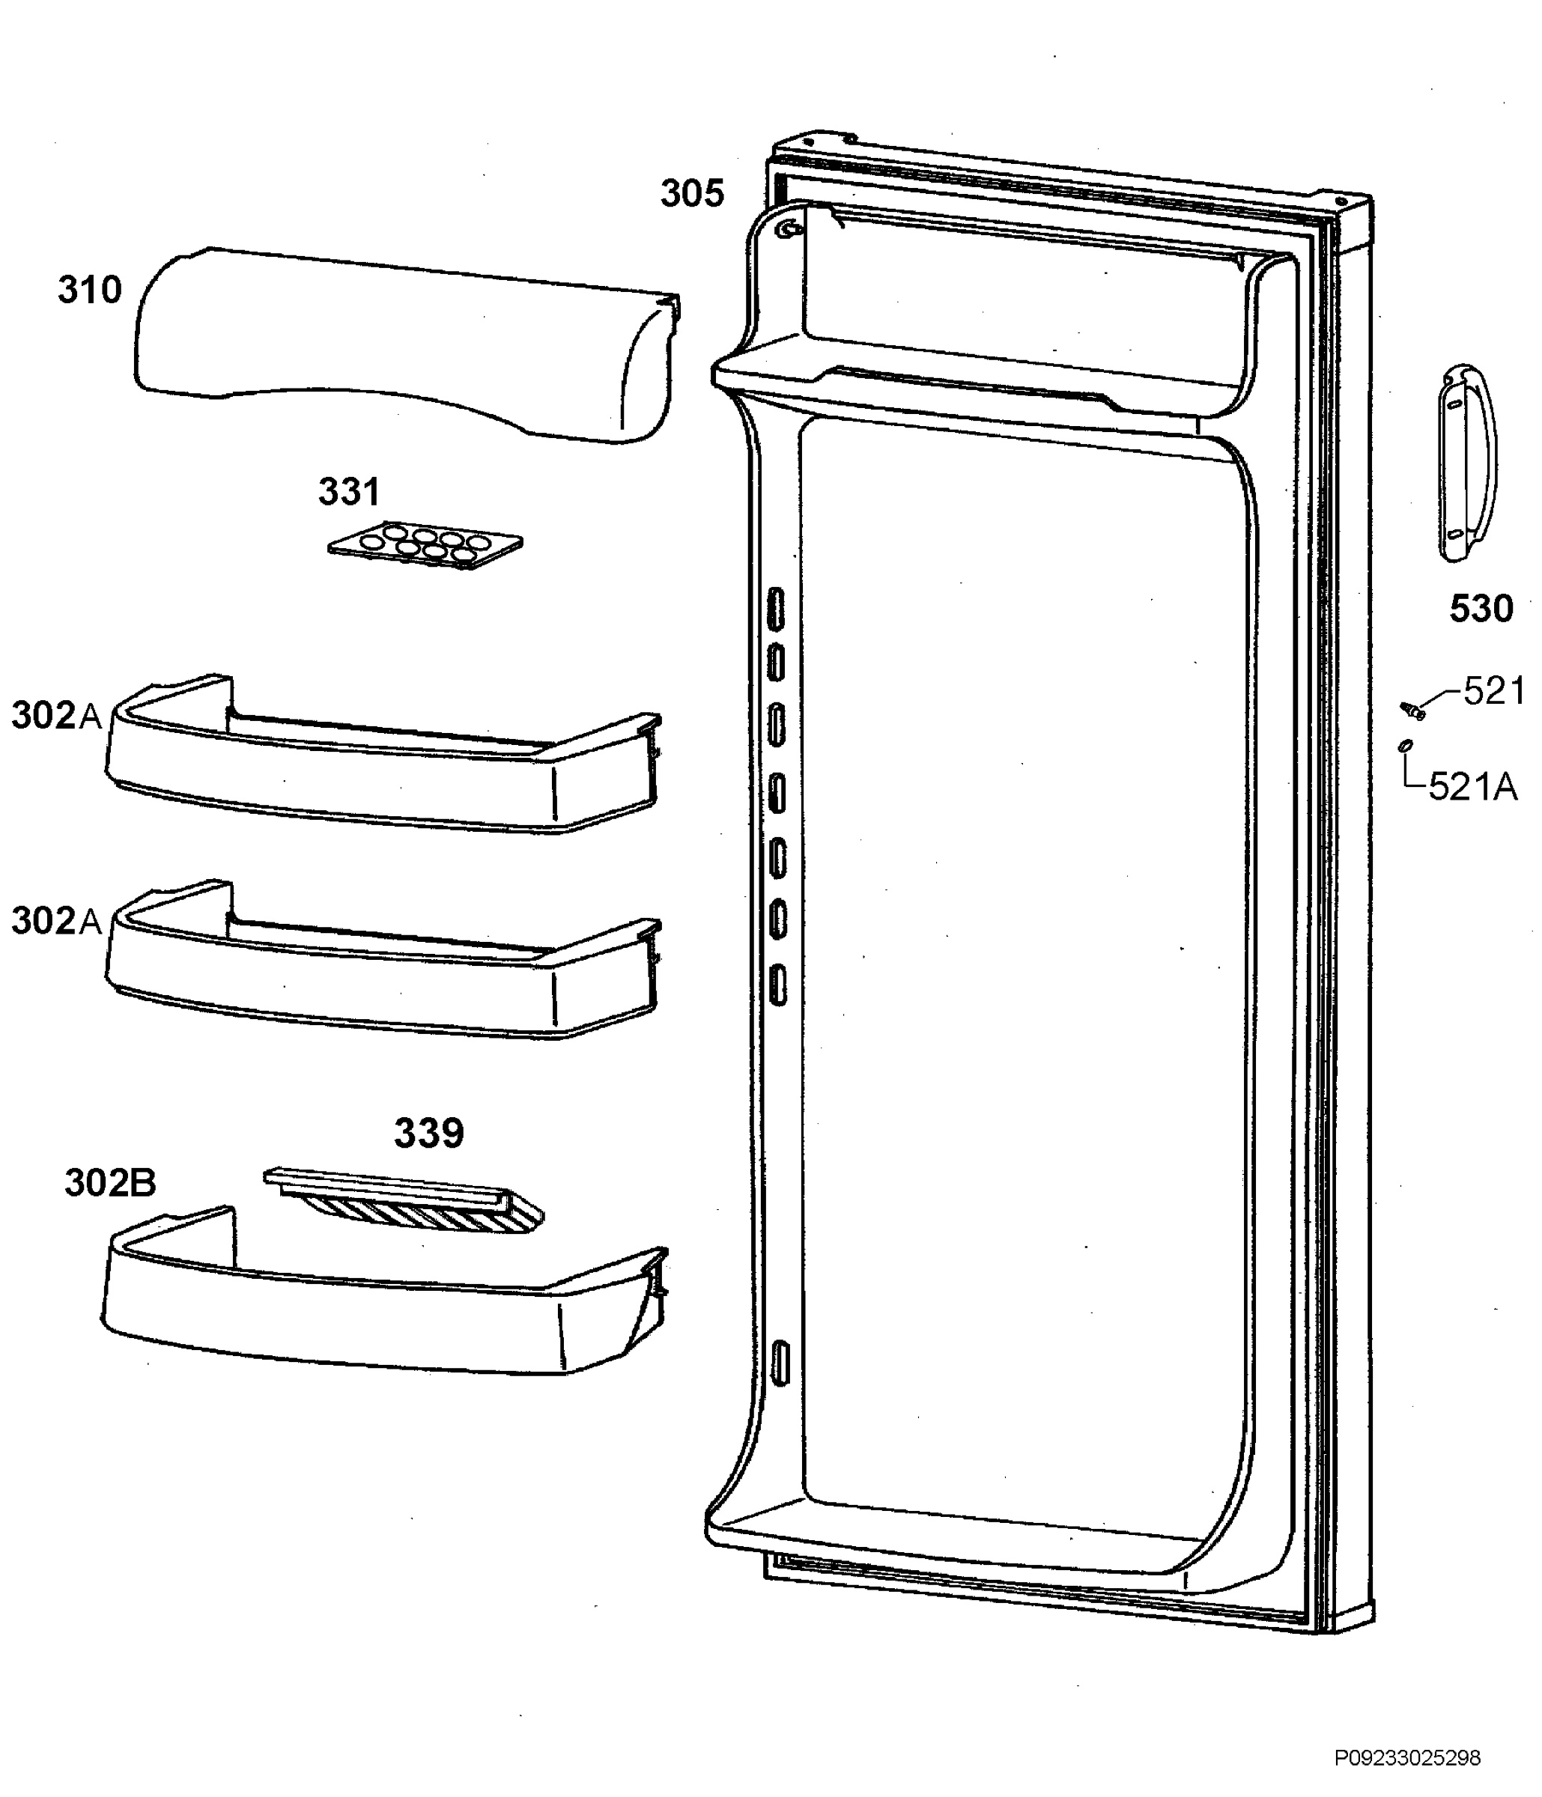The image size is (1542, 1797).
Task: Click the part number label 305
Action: point(691,193)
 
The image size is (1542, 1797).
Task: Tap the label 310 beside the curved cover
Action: point(89,290)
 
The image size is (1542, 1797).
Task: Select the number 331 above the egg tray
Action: point(349,492)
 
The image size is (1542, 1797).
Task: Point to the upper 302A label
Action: point(56,717)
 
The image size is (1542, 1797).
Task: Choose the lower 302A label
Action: point(56,921)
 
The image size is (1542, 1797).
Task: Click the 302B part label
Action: point(110,1183)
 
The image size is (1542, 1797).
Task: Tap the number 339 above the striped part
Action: point(428,1133)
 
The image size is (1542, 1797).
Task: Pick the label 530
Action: point(1481,609)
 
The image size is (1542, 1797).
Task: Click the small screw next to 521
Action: point(1414,711)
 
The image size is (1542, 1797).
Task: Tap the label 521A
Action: point(1472,787)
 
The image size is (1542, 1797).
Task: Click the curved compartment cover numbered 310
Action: point(406,344)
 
